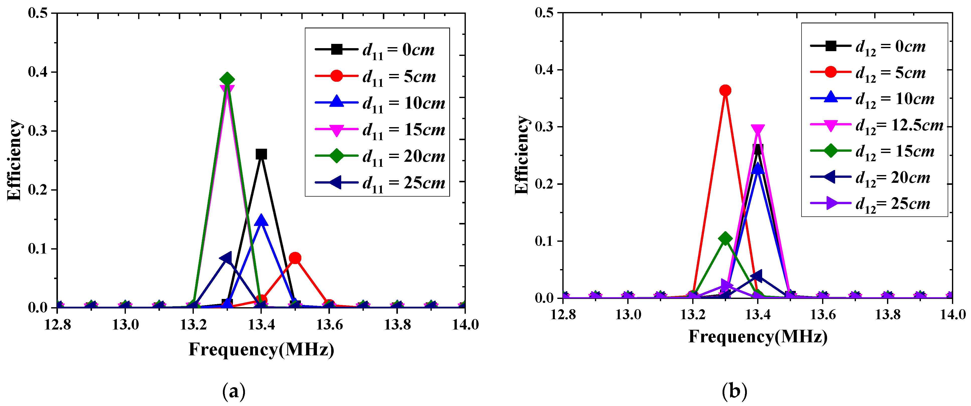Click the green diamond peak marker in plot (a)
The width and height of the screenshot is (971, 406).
pyautogui.click(x=227, y=79)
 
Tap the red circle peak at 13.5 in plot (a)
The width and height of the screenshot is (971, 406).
pyautogui.click(x=295, y=258)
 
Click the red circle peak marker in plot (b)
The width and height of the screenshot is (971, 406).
pyautogui.click(x=725, y=91)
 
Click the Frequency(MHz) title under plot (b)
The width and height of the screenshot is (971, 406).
pyautogui.click(x=758, y=336)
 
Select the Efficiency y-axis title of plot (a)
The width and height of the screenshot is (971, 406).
pyautogui.click(x=14, y=160)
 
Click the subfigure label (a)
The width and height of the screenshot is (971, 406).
pyautogui.click(x=234, y=391)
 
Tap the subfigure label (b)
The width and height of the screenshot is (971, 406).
pyautogui.click(x=734, y=391)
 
